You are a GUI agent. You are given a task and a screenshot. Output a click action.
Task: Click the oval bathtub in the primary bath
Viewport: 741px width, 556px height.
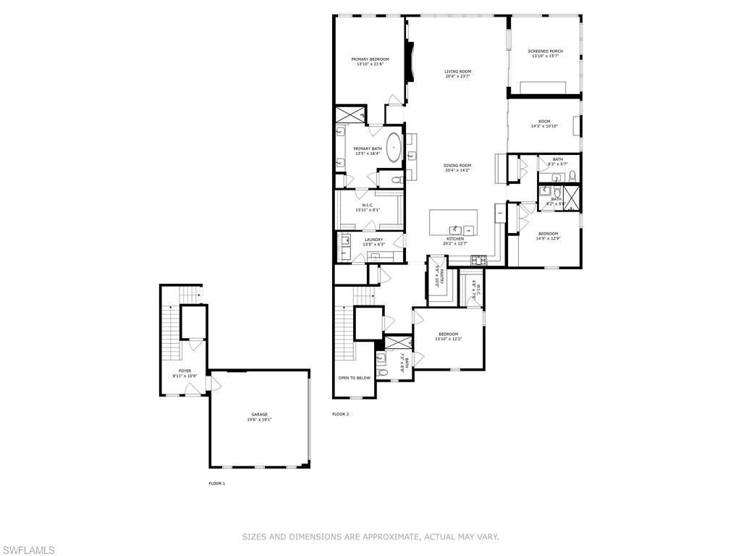(x=394, y=147)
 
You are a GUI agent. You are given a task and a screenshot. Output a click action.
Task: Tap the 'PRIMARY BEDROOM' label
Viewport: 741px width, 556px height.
(x=370, y=59)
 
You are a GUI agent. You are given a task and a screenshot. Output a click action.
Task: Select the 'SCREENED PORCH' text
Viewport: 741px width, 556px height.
(x=545, y=51)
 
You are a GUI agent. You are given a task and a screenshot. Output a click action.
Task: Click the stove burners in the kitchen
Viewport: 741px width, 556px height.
(x=479, y=260)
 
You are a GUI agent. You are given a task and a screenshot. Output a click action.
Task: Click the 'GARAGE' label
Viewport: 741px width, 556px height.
(x=259, y=415)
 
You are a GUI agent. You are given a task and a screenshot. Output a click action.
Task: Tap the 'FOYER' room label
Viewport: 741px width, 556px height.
(x=185, y=371)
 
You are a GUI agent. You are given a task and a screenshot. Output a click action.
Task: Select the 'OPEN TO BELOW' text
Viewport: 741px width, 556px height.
(x=355, y=378)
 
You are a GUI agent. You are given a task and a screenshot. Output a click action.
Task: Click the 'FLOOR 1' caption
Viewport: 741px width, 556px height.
(x=216, y=483)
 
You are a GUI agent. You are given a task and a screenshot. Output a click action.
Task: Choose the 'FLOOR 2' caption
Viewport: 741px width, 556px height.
(x=340, y=414)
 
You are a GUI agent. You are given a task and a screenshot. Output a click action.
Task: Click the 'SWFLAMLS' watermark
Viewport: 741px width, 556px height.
(x=27, y=550)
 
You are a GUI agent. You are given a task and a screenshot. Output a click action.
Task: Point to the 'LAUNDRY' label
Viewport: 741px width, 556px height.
(x=373, y=240)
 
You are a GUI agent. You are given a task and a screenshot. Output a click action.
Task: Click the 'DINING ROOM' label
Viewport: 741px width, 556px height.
(x=457, y=166)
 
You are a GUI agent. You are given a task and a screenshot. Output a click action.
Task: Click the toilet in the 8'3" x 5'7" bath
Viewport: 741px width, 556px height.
(x=572, y=175)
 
